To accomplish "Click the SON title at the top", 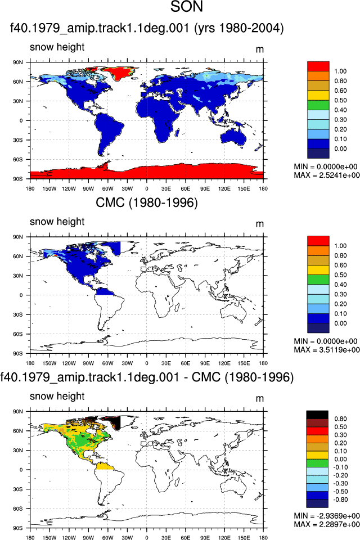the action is (x=186, y=7).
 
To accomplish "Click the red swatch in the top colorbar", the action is (x=318, y=66).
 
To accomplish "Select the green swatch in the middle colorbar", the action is (x=318, y=280).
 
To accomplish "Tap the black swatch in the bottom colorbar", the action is (x=317, y=415).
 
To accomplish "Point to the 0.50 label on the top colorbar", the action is (x=340, y=100).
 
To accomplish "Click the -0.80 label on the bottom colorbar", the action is (x=340, y=499).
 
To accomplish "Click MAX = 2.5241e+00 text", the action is (x=327, y=175).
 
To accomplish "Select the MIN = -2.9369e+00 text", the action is (x=327, y=516).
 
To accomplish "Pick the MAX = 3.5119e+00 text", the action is (x=327, y=350).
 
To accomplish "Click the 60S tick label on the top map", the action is (x=18, y=159).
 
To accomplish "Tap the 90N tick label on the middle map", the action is (x=18, y=237).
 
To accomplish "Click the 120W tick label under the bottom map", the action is (x=69, y=538).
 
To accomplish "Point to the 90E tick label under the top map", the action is (x=205, y=189).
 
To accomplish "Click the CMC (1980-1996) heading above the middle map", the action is (x=147, y=202).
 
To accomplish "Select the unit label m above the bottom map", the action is (x=260, y=399).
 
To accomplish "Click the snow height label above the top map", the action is (x=57, y=47).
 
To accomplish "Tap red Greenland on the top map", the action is (x=119, y=73).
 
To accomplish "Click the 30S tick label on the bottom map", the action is (x=18, y=489).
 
